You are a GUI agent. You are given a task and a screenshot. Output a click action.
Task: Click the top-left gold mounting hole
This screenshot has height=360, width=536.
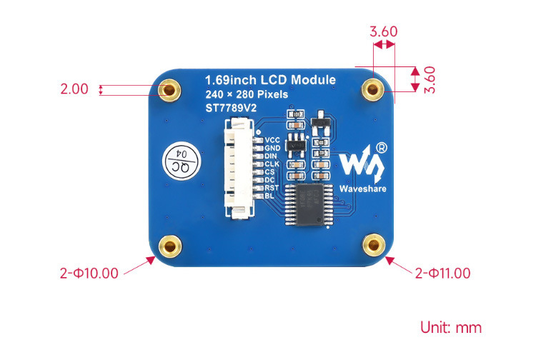[x=169, y=90]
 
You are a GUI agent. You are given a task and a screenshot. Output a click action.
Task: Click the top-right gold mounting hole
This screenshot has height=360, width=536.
[x=372, y=90]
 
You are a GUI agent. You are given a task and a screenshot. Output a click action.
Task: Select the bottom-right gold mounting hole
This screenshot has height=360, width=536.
[x=372, y=246]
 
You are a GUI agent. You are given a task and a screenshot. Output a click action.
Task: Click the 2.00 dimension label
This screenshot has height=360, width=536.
[x=74, y=89]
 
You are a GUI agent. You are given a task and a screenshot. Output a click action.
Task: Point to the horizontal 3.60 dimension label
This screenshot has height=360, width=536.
[x=383, y=31]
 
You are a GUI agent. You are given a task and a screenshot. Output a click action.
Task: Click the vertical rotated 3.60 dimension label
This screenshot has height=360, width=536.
[x=430, y=79]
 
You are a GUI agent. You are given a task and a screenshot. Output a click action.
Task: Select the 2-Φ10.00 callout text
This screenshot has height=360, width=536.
[x=89, y=273]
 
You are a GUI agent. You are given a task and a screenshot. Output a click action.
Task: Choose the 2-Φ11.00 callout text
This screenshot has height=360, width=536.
[x=442, y=273]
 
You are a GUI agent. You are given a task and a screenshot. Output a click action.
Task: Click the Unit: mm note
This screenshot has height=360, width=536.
[x=450, y=328]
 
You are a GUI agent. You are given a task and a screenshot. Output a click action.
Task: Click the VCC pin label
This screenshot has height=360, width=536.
[x=272, y=140]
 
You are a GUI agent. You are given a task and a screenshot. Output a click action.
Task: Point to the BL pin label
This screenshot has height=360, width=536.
[x=269, y=196]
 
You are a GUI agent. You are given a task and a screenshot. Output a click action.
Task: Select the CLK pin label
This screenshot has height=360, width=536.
[x=272, y=164]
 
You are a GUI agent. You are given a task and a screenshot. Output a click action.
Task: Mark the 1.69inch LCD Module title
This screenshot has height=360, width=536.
[x=269, y=79]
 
